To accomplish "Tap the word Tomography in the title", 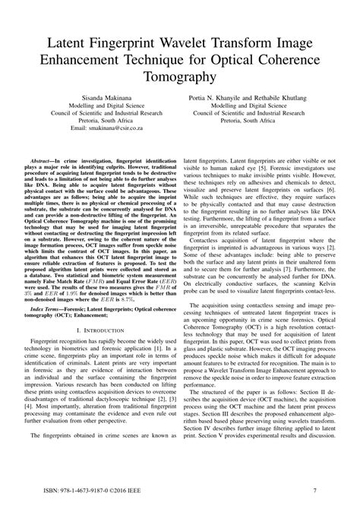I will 180,76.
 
